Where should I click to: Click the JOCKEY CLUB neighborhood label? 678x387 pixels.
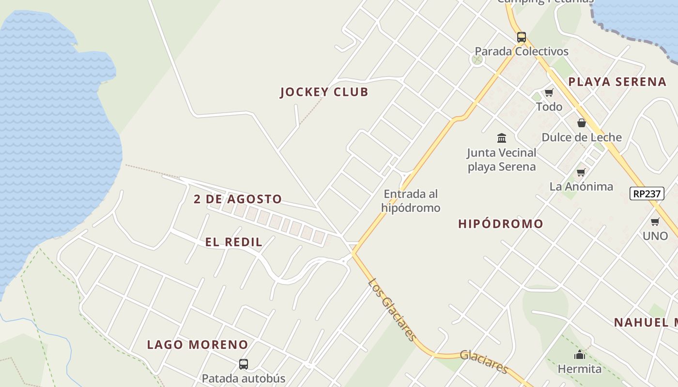324,92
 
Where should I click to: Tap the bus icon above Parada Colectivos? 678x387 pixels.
521,37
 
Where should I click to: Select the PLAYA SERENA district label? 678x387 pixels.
617,82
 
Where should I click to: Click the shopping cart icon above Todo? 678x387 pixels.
549,92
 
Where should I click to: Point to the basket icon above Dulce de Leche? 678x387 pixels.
581,123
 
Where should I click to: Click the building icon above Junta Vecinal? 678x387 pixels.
502,138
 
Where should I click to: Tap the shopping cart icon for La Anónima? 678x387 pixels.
581,172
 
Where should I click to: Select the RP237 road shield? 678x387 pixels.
647,193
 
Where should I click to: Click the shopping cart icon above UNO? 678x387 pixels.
655,222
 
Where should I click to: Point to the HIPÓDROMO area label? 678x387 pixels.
501,224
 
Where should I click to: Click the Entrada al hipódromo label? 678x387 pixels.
411,201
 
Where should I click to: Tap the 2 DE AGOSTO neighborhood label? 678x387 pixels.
238,199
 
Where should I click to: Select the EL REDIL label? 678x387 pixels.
234,242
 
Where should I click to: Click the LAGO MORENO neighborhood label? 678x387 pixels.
198,345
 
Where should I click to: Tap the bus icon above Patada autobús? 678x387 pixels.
244,364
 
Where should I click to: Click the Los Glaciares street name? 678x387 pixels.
391,310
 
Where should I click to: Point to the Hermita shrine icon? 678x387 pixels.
579,355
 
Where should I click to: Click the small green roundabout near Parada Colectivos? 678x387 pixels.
477,60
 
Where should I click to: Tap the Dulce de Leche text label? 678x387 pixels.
581,137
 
